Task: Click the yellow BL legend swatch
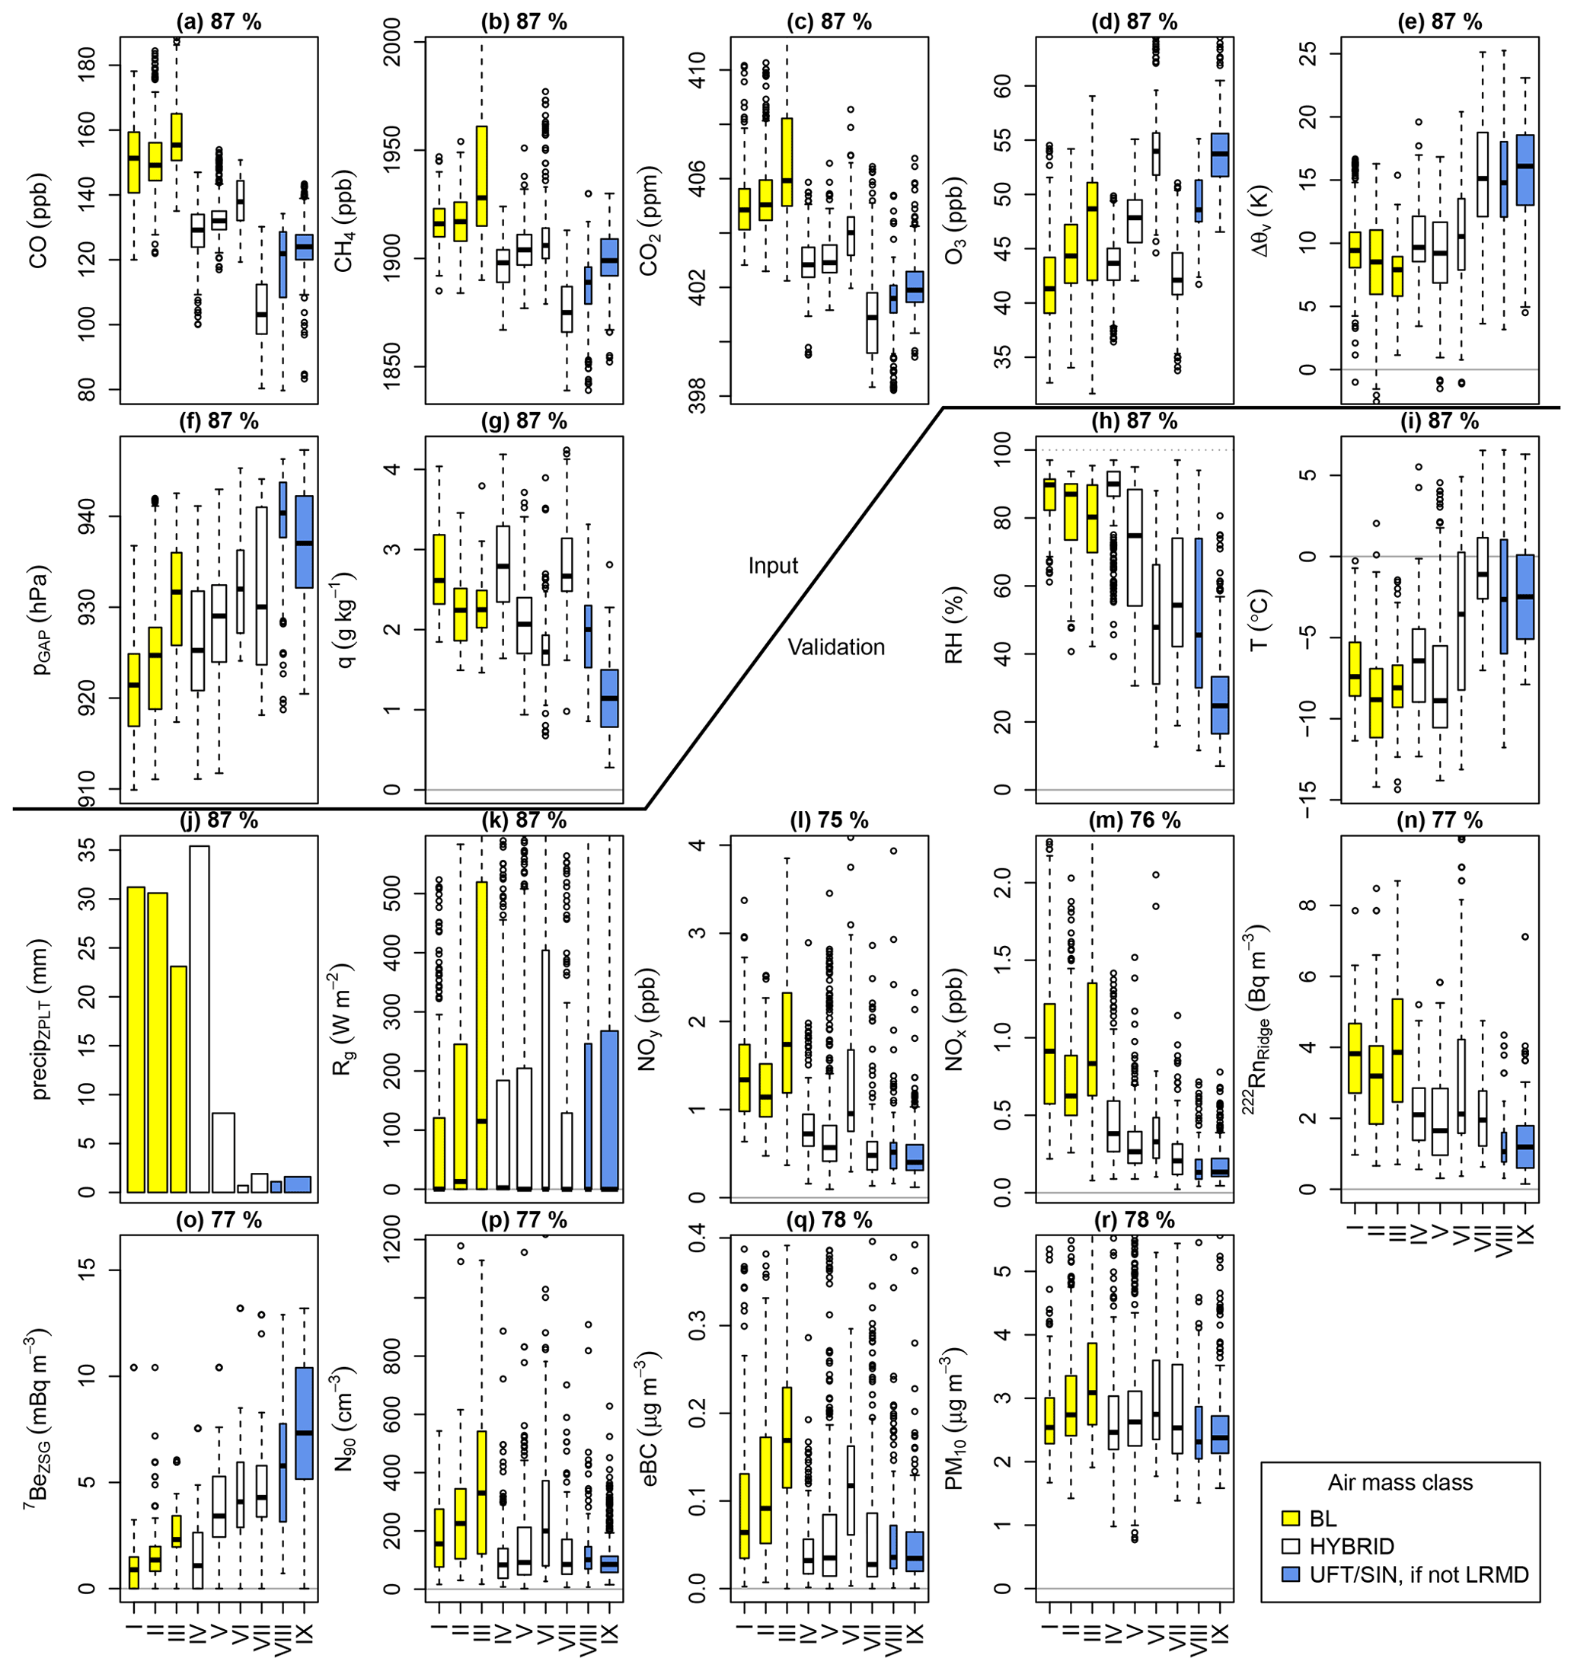coord(1291,1518)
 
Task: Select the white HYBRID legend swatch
coord(1291,1546)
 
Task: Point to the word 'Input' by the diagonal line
coord(772,566)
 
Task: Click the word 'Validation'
coord(835,647)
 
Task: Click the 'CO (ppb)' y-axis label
coord(39,220)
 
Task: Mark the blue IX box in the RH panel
coord(1219,705)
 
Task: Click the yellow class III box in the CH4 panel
coord(481,176)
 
